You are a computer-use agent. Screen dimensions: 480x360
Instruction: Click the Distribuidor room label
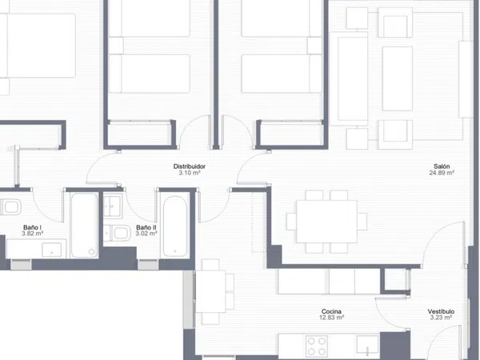click(x=189, y=166)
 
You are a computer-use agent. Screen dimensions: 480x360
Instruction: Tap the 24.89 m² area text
click(x=442, y=173)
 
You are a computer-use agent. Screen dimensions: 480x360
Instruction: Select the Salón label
click(x=442, y=166)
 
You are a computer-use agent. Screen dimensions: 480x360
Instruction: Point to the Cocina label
click(x=331, y=312)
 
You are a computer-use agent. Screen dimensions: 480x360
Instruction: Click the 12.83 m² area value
click(x=331, y=318)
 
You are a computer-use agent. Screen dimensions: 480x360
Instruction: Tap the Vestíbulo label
click(x=441, y=312)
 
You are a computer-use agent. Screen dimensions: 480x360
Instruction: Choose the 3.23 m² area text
click(x=441, y=318)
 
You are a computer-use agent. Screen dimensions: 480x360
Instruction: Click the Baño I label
click(x=32, y=227)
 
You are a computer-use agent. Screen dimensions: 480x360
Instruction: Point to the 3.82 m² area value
click(x=32, y=234)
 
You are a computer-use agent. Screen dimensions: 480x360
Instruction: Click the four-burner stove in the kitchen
click(x=317, y=346)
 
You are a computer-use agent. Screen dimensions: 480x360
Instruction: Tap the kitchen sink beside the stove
click(x=368, y=345)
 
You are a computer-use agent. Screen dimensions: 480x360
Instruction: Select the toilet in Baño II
click(x=117, y=233)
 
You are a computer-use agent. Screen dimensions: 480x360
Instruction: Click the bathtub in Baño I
click(x=84, y=225)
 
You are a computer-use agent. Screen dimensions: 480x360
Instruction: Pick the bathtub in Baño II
click(x=174, y=226)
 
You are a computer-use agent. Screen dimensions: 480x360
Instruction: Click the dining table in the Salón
click(x=326, y=222)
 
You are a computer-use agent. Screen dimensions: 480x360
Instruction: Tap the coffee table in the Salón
click(x=397, y=78)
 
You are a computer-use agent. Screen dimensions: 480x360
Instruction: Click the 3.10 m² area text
click(x=189, y=173)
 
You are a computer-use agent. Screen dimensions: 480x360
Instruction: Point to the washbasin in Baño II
click(x=112, y=206)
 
